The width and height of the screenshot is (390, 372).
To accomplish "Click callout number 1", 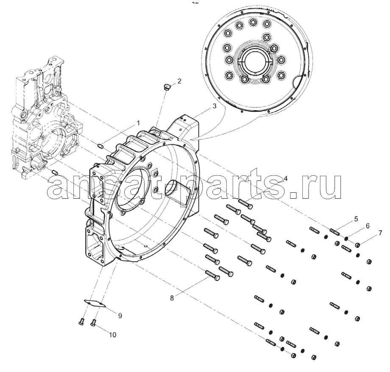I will coord(137,123).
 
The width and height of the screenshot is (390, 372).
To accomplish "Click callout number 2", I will coord(179,81).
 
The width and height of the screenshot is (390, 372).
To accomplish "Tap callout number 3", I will coord(214,107).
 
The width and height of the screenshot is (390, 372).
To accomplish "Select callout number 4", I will coord(285,179).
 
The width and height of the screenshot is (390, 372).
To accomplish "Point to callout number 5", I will coord(356,219).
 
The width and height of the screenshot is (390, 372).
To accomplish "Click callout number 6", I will coord(368,225).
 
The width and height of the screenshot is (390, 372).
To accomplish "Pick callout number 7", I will coord(380,233).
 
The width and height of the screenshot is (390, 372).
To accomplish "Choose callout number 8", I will coord(172,298).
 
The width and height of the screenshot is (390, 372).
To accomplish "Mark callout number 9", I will coord(120,315).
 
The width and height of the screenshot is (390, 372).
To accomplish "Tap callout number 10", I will coord(112,334).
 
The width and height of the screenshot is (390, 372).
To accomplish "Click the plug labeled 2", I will coord(167,87).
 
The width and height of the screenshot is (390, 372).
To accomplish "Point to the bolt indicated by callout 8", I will coord(212,275).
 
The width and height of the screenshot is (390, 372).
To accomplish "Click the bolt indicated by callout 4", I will coord(246,203).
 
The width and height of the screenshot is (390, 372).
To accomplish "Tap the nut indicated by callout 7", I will coord(357,244).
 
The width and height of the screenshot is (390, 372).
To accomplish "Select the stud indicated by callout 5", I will coord(335,231).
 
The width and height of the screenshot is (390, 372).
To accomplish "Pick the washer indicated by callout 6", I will coord(346,238).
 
